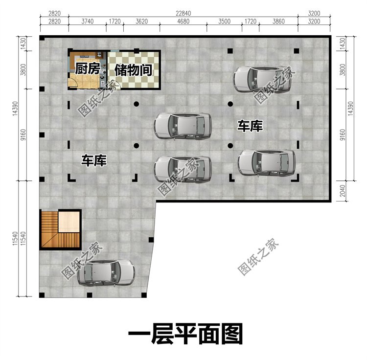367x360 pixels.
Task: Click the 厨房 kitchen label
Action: coord(87,68)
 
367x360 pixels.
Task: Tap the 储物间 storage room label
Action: coord(134,70)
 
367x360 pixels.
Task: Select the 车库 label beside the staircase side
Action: coord(94,160)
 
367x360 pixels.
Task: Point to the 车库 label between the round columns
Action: coord(250,126)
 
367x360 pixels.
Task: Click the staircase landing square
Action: coord(69,222)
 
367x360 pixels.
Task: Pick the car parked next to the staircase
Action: coord(106,272)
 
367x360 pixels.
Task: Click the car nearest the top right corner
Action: coord(262,80)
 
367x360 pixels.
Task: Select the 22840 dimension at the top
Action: coord(183,13)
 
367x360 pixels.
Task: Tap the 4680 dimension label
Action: coord(183,22)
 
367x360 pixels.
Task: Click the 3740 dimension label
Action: coord(88,22)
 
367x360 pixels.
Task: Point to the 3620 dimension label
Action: coord(141,22)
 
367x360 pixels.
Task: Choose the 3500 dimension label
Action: coord(225,22)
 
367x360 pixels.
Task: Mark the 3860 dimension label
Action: coord(278,22)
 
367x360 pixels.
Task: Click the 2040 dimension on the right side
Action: coord(343,191)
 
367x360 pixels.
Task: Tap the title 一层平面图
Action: coord(185,334)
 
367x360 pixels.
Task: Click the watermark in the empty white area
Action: coord(258,257)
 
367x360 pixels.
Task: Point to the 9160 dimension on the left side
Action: coord(23,135)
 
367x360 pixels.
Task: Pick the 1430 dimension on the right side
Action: coord(343,43)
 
